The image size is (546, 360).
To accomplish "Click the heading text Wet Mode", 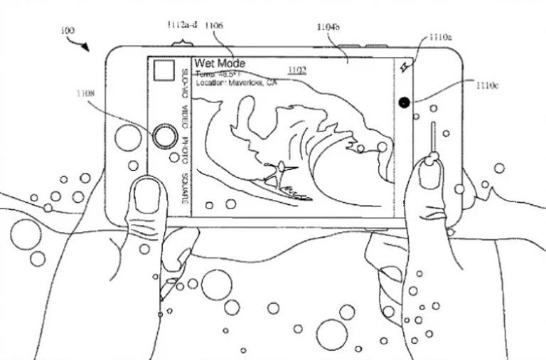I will [221, 64].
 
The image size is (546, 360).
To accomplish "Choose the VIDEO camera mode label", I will [184, 115].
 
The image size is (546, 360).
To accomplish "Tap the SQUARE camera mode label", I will [184, 186].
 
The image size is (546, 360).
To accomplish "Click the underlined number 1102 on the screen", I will [296, 69].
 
